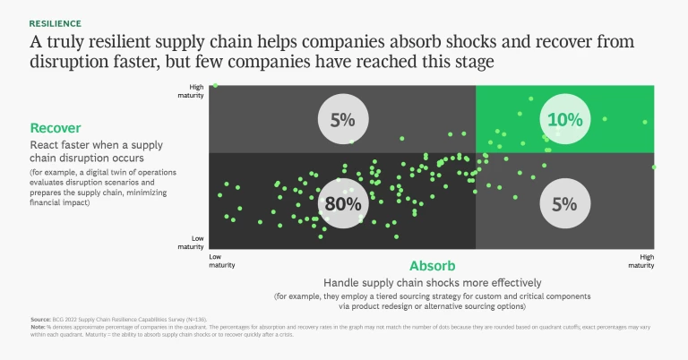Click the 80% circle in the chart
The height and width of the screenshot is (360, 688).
click(x=342, y=203)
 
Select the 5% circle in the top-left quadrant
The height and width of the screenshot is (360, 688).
click(x=342, y=119)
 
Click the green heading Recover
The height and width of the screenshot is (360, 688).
click(x=56, y=128)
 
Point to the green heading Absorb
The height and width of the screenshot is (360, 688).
click(x=433, y=266)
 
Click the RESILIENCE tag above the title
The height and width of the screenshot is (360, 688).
click(x=55, y=22)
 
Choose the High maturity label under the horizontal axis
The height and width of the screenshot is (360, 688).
click(x=641, y=261)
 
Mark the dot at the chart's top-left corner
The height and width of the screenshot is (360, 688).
click(x=216, y=85)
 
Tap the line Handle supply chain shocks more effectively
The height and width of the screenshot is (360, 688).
click(x=433, y=282)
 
